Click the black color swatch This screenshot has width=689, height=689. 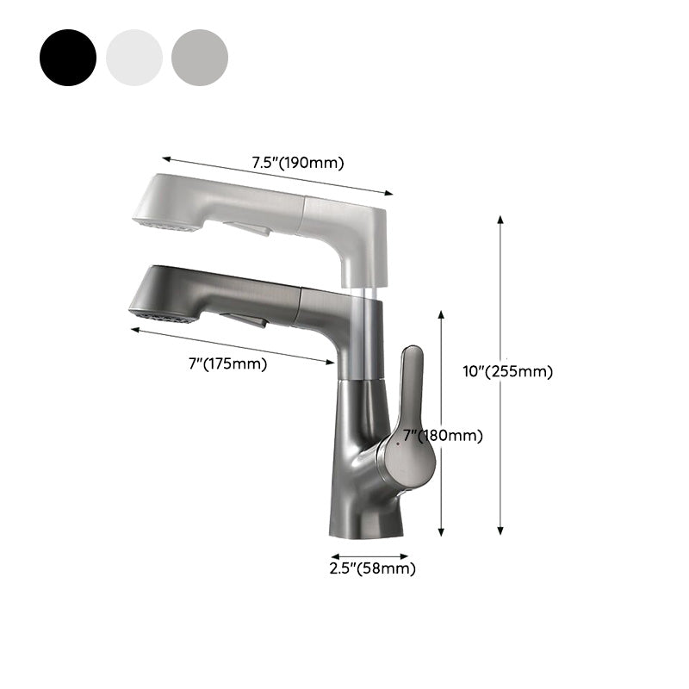pos(67,57)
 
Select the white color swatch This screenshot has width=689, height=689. pos(134,57)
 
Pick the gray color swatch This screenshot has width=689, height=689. pos(200,57)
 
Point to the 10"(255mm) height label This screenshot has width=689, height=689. pos(508,371)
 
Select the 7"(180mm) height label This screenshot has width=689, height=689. pos(443,436)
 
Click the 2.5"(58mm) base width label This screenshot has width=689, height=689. pos(372,568)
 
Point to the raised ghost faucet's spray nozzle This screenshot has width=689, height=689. pos(160,223)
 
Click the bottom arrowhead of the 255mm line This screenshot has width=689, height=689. pos(500,532)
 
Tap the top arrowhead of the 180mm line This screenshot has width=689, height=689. pos(442,315)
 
